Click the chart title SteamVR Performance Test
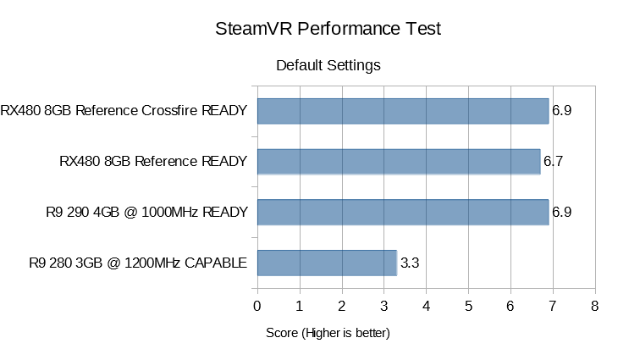point(328,29)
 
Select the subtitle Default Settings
point(328,65)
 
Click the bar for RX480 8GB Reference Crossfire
point(402,110)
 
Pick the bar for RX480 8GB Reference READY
point(398,161)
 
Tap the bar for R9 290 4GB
point(402,212)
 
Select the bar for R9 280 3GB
point(326,263)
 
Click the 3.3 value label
point(410,263)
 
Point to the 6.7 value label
point(554,161)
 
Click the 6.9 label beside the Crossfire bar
point(562,110)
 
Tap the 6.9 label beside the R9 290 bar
point(562,212)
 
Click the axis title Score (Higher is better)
point(328,334)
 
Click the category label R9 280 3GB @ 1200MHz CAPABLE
point(137,263)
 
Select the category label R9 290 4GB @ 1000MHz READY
point(146,212)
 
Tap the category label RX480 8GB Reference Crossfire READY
point(124,110)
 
